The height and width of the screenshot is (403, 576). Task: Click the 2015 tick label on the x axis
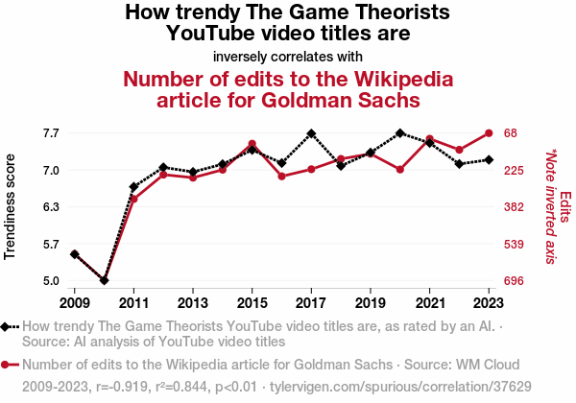coord(252,298)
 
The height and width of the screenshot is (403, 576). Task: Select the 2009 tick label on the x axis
coord(74,298)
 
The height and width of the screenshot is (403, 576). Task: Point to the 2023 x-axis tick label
coord(489,298)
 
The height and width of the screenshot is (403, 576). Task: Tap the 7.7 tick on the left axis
coord(51,132)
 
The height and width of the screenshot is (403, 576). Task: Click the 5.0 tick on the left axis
coord(51,281)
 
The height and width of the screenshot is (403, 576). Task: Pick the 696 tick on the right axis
coord(516,281)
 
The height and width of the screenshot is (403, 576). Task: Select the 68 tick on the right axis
coord(512,132)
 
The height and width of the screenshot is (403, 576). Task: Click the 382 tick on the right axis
coord(516,207)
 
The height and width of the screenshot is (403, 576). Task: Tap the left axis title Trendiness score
coord(11,206)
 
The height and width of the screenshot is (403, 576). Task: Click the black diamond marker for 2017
coord(311,133)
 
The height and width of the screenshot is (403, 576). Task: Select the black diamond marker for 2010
coord(104,280)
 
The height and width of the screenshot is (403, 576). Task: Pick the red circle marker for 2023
coord(489,132)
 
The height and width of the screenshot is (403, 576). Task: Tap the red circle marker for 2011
coord(133,199)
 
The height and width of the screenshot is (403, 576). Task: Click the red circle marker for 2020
coord(399,170)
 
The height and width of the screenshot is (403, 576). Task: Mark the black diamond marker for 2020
coord(399,132)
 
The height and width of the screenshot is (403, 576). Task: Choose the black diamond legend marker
coord(9,327)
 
